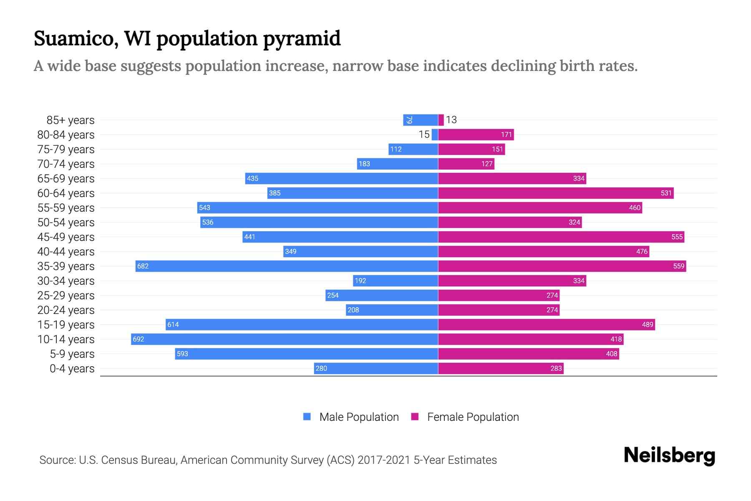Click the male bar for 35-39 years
tap(287, 266)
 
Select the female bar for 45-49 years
tap(561, 237)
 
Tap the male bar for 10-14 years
tap(285, 339)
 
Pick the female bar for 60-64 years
tap(556, 193)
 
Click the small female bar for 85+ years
tap(441, 120)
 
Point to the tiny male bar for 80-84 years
tap(435, 134)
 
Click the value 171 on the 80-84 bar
tap(506, 134)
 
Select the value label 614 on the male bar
tap(173, 324)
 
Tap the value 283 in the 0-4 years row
tap(556, 368)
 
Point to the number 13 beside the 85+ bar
tap(451, 120)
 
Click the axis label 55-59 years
tap(66, 207)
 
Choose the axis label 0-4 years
tap(72, 368)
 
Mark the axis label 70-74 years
tap(66, 164)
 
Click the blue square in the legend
tap(307, 417)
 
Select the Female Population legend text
tap(473, 417)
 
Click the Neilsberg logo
tap(669, 455)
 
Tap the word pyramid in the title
tap(302, 38)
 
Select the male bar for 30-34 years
tap(395, 281)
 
